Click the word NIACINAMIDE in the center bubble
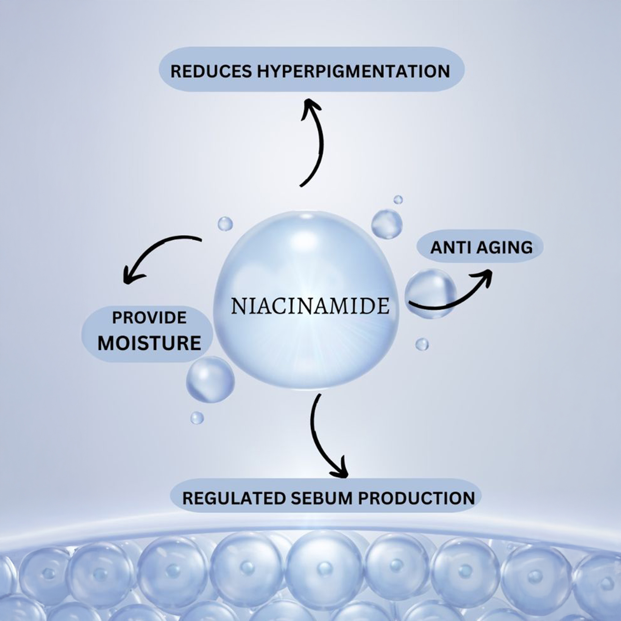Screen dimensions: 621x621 coord(310,306)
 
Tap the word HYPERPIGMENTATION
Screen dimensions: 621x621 coord(353,71)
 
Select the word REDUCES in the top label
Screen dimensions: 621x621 coord(211,71)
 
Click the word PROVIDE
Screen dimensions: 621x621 coord(149,318)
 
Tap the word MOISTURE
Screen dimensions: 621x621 coord(149,343)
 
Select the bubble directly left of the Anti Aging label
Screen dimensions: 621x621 coord(387,224)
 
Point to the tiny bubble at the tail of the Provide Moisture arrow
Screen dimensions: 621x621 coord(225,224)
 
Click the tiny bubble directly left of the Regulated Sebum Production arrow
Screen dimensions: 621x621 coord(197,418)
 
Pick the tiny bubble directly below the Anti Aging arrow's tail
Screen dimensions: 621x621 coord(422,344)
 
